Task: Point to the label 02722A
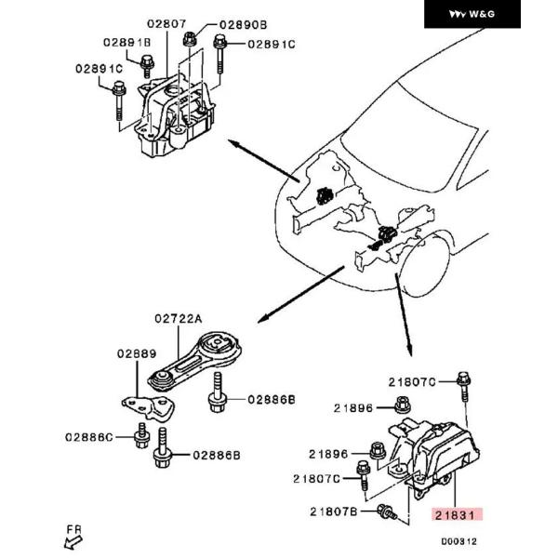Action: click(x=178, y=318)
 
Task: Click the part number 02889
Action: click(x=137, y=353)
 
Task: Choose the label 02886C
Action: click(x=88, y=435)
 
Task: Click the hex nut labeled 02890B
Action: click(x=191, y=39)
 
